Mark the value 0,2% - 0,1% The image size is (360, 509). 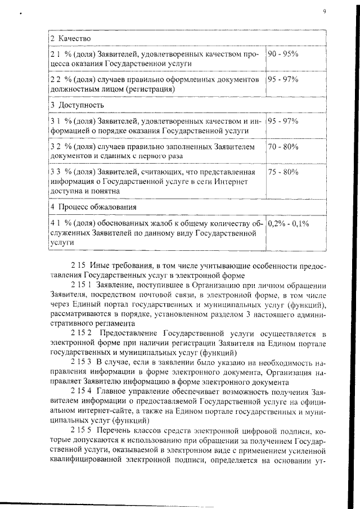coord(289,223)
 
